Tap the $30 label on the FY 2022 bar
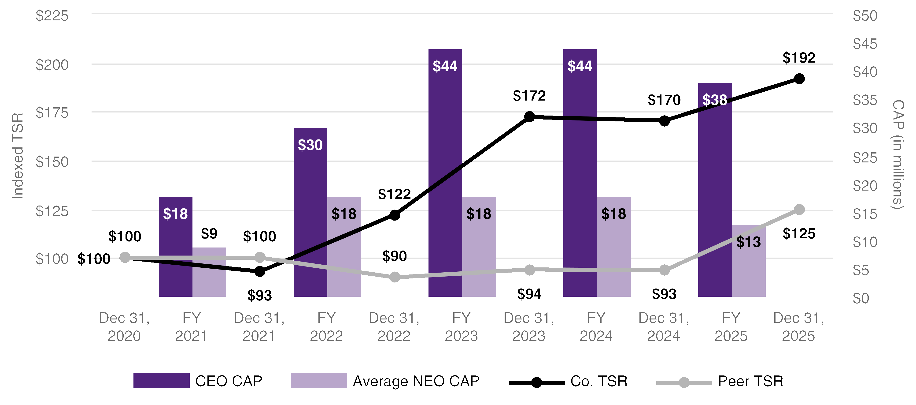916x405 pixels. pos(310,145)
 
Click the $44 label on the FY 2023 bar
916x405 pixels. pos(445,66)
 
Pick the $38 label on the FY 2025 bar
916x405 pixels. pos(715,100)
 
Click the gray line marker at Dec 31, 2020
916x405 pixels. pos(125,257)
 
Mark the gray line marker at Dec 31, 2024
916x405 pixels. pos(665,270)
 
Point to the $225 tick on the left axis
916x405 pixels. pos(52,16)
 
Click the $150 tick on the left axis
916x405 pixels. pos(52,162)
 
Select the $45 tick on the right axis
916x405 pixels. pos(865,44)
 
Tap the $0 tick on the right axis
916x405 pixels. pos(861,298)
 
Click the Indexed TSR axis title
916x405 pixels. pos(17,156)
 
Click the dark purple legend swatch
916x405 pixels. pos(161,380)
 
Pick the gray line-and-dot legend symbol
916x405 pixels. pos(684,382)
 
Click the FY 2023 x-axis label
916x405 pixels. pos(461,327)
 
